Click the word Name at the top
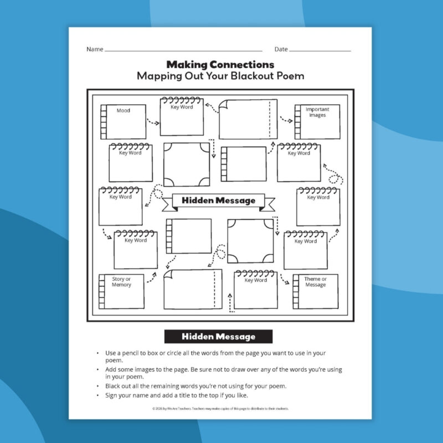click(95, 49)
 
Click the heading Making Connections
click(220, 65)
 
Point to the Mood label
click(123, 111)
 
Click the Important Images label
click(317, 112)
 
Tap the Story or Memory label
click(122, 282)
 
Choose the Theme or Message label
click(316, 282)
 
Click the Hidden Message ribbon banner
click(219, 200)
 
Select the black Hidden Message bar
click(218, 336)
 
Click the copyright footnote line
click(220, 409)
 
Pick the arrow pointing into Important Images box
click(286, 119)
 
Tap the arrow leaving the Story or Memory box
click(152, 279)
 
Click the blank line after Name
click(183, 50)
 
